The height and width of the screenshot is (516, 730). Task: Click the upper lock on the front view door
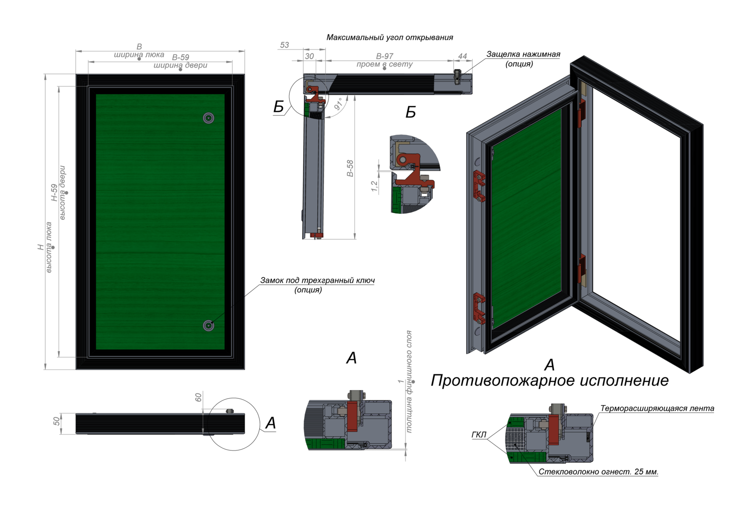[x=209, y=118]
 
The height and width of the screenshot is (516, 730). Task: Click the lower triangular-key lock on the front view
[x=209, y=326]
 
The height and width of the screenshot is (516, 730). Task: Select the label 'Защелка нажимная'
[x=523, y=54]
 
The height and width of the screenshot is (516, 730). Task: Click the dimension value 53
[x=285, y=45]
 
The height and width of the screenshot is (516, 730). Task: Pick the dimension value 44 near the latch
[x=462, y=56]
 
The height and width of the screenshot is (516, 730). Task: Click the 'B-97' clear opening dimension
[x=385, y=56]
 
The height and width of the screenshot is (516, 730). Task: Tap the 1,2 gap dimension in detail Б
[x=374, y=186]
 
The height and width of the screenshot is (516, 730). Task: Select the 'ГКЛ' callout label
[x=479, y=435]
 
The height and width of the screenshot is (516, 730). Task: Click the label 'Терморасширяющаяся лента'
[x=657, y=408]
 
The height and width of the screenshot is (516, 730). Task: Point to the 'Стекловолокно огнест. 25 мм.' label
[x=598, y=472]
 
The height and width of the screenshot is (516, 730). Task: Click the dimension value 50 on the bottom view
[x=56, y=421]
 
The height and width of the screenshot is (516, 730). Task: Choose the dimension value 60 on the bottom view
[x=199, y=397]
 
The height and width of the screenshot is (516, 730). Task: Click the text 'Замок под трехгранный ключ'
[x=317, y=280]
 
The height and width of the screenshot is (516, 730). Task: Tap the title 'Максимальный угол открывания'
[x=390, y=37]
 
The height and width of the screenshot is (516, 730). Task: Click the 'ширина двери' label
[x=180, y=66]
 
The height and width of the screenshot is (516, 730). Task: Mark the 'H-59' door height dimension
[x=54, y=192]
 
